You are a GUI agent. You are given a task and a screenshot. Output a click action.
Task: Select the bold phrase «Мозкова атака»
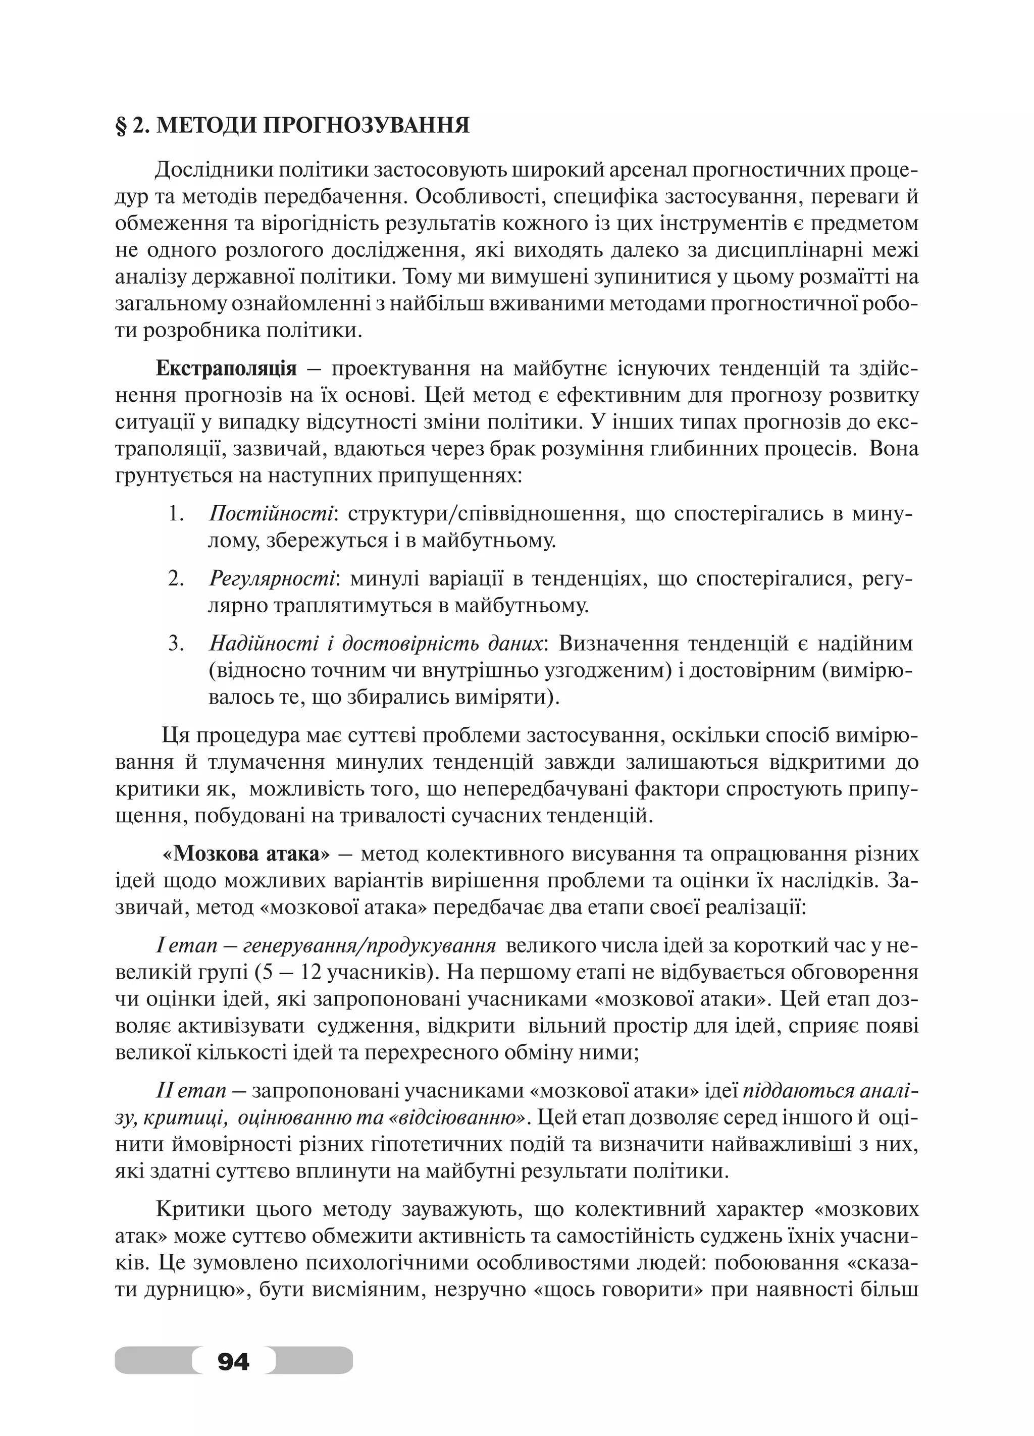click(246, 854)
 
